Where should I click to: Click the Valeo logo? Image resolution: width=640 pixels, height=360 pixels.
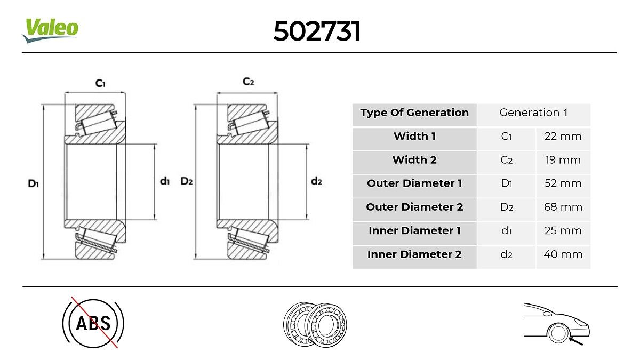50,30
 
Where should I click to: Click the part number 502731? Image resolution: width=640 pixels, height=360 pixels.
317,31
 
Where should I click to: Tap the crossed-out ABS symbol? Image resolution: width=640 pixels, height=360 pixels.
93,323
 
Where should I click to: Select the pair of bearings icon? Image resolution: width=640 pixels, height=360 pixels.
315,325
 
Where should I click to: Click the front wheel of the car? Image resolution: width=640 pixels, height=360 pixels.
558,333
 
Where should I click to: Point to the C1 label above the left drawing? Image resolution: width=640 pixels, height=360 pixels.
100,83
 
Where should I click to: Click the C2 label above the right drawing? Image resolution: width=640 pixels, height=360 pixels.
248,82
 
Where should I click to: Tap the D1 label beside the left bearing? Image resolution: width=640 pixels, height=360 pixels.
33,183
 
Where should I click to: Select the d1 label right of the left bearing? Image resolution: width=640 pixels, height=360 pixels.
165,181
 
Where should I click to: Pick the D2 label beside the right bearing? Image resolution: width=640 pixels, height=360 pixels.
187,181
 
